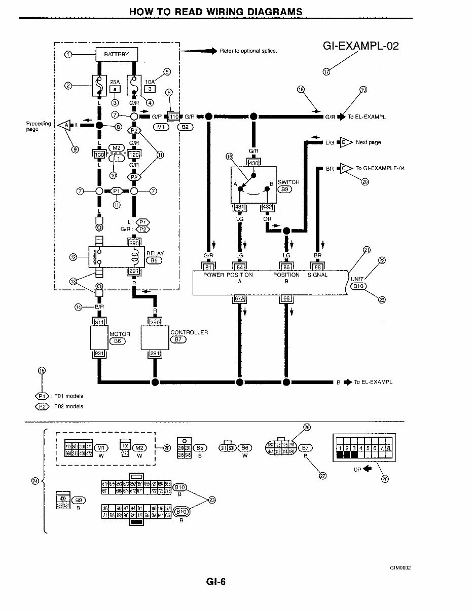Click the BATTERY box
pos(117,54)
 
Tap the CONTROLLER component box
pos(155,338)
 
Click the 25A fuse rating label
pos(115,81)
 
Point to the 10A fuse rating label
pos(150,81)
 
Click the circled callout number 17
pos(326,71)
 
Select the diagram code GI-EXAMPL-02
pos(360,46)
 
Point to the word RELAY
pos(155,253)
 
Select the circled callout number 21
pos(367,249)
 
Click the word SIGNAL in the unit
pos(317,275)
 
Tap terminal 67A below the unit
pos(239,299)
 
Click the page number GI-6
pos(216,582)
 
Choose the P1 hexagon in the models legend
pos(42,396)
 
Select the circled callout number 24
pos(35,481)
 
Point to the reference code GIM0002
pos(400,568)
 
